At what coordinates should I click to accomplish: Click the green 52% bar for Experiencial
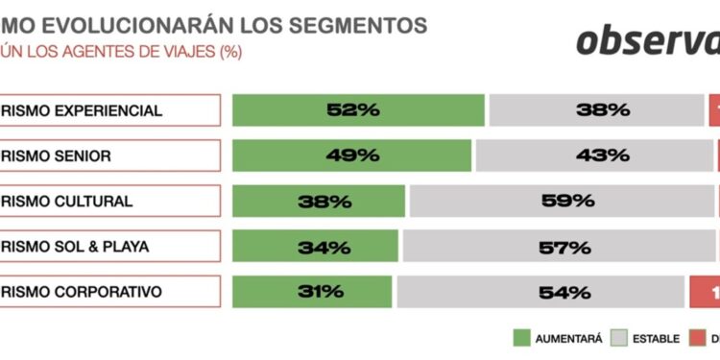[x=358, y=110]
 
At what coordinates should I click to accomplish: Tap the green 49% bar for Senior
[x=351, y=156]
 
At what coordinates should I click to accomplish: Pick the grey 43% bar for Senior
[x=594, y=156]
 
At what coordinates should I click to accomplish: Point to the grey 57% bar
[x=561, y=247]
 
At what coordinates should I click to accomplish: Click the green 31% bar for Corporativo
[x=312, y=292]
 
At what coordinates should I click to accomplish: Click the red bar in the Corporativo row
[x=706, y=292]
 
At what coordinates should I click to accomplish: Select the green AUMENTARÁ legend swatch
[x=522, y=338]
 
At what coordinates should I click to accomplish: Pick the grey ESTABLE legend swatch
[x=618, y=338]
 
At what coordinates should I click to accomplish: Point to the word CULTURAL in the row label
[x=91, y=202]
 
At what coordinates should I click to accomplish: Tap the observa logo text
[x=648, y=40]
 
